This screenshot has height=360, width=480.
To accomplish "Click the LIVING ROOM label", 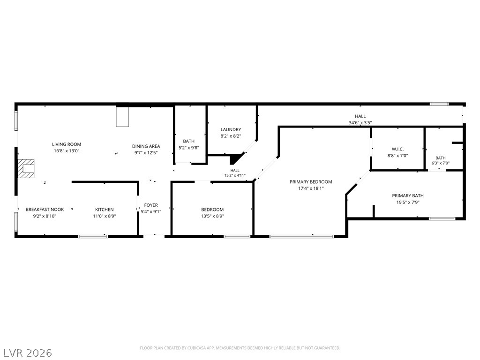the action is tap(67, 144).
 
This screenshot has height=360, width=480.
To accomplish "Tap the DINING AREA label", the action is tap(146, 146).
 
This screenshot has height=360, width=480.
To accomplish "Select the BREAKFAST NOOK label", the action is tap(45, 210).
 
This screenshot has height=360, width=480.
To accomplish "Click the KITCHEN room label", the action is tap(105, 210).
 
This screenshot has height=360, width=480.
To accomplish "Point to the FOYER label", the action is tap(151, 205).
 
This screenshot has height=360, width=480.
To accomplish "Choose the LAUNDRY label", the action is tap(231, 129).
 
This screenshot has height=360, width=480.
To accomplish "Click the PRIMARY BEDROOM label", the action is tap(311, 182).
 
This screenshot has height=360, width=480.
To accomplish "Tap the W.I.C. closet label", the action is tap(397, 149).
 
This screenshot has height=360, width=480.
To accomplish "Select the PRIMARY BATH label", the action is tap(408, 195).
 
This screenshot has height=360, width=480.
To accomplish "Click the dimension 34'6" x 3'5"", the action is tap(360, 123).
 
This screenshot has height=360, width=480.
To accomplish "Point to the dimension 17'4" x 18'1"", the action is tap(311, 188).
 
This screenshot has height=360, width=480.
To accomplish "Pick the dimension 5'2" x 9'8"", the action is tap(189, 148).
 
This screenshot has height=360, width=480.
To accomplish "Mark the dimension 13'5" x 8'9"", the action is tap(212, 216).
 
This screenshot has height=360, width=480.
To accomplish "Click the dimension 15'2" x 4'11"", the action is tap(235, 176).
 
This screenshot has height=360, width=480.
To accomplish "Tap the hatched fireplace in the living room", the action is tap(26, 168).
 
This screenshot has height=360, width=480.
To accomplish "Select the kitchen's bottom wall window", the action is tap(93, 236).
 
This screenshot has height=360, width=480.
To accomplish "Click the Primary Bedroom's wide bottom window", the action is tap(301, 236).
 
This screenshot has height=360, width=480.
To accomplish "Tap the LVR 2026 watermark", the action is tap(27, 353).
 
